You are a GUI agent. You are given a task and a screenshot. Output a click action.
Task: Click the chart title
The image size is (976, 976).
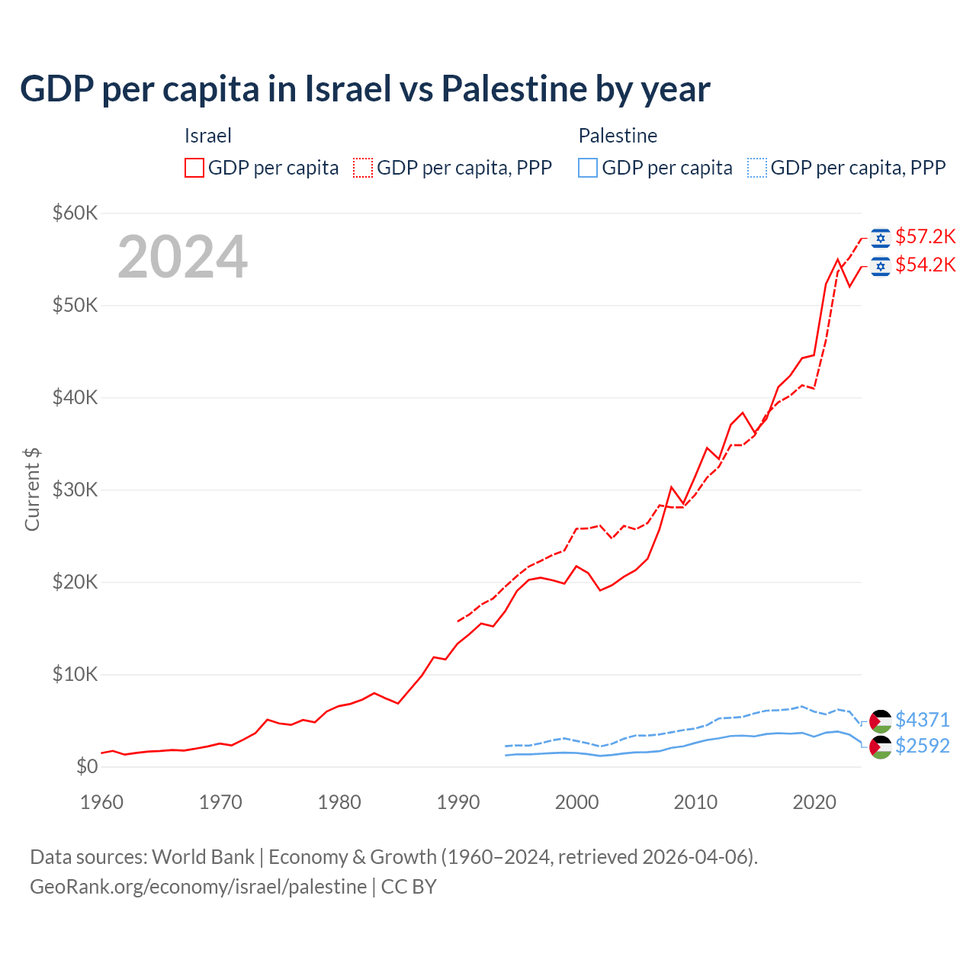364,89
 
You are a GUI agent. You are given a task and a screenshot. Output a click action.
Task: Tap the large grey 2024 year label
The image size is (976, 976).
182,257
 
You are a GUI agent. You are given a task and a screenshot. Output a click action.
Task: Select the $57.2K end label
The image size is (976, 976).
925,236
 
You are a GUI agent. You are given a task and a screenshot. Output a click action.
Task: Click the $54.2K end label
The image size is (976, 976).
925,265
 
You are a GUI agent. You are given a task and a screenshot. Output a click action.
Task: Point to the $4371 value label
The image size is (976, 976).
923,720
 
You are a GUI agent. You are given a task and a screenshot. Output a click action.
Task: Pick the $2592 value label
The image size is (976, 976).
923,746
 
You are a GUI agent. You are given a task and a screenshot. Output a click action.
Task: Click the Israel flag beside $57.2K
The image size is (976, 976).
881,238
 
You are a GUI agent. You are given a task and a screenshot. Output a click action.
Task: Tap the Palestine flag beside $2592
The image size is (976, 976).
881,747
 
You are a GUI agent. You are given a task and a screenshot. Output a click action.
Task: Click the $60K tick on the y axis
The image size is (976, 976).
75,213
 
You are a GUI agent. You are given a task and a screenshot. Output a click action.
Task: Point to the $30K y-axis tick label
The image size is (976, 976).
75,490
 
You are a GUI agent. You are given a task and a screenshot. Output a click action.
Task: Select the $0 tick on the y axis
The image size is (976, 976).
87,766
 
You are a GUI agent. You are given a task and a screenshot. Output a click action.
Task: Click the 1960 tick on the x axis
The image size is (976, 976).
101,802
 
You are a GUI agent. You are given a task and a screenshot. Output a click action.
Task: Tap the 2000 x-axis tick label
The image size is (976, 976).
577,802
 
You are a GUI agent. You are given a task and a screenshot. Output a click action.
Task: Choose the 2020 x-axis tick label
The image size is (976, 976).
814,802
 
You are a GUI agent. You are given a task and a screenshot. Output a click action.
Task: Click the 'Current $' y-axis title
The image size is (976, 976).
32,490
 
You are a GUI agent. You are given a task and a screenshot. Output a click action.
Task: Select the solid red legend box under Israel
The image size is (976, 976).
194,168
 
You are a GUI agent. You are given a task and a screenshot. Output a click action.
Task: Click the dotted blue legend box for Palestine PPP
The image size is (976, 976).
757,168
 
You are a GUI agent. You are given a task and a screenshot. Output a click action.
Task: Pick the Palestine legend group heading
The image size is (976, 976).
618,136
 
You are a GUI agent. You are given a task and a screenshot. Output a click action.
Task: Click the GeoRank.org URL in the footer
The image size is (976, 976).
198,887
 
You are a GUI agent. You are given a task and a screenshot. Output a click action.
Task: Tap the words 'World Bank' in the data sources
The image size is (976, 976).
203,857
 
